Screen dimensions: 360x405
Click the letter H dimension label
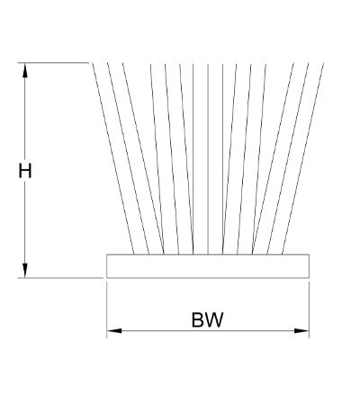pyautogui.click(x=25, y=170)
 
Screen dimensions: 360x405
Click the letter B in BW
pyautogui.click(x=197, y=319)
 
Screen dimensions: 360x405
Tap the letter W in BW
pyautogui.click(x=214, y=319)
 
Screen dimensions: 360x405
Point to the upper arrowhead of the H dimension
pyautogui.click(x=25, y=70)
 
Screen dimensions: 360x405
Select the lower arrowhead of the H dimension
pyautogui.click(x=25, y=271)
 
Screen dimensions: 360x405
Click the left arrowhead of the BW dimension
pyautogui.click(x=114, y=330)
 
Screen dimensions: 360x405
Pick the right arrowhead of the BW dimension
pyautogui.click(x=301, y=330)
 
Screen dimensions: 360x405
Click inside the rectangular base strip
pyautogui.click(x=208, y=266)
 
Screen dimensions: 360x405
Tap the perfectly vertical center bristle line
pyautogui.click(x=208, y=158)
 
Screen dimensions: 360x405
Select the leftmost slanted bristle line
pyautogui.click(x=113, y=158)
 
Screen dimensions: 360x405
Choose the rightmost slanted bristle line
pyautogui.click(x=302, y=158)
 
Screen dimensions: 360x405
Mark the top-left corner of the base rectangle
pyautogui.click(x=107, y=255)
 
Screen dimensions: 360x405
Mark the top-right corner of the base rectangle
pyautogui.click(x=309, y=255)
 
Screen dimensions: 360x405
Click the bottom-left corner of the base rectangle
pyautogui.click(x=107, y=278)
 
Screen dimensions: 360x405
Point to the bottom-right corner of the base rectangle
pyautogui.click(x=309, y=278)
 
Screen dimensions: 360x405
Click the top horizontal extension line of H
pyautogui.click(x=53, y=63)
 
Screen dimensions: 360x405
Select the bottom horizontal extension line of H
pyautogui.click(x=60, y=278)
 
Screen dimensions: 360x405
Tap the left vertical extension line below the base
pyautogui.click(x=107, y=310)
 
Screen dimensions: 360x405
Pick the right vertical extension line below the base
pyautogui.click(x=309, y=310)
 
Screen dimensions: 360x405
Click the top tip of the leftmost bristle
pyautogui.click(x=92, y=63)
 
